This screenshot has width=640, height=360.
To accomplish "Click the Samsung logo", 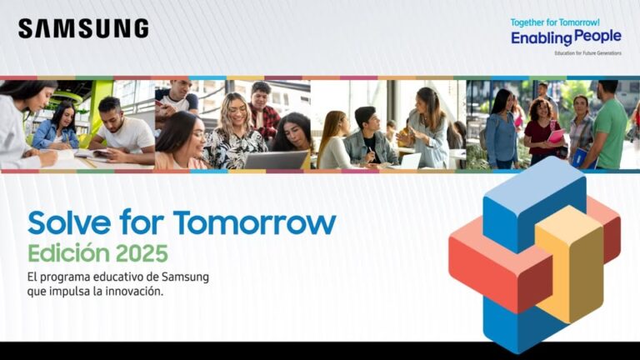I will (83, 28).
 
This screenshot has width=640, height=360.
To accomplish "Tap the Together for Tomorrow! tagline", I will (555, 21).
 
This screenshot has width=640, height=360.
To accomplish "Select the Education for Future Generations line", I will (587, 52).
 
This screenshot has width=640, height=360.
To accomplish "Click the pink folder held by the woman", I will (556, 136).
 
